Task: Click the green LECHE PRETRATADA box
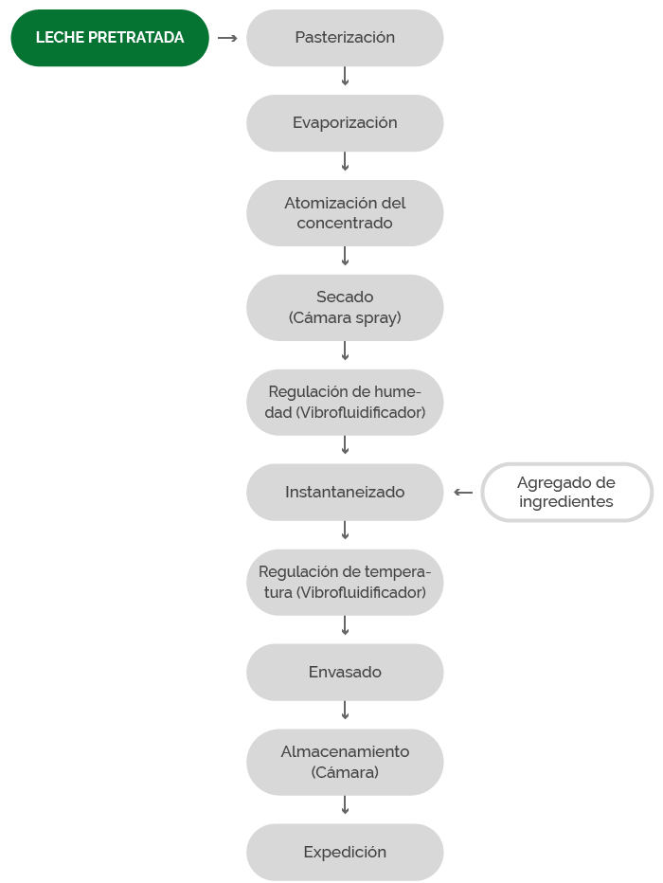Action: pyautogui.click(x=110, y=38)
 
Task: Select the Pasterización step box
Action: pyautogui.click(x=345, y=38)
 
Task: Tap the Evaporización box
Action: pyautogui.click(x=345, y=123)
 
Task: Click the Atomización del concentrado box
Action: pyautogui.click(x=345, y=213)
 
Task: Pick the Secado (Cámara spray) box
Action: pyautogui.click(x=345, y=308)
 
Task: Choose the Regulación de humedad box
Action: pyautogui.click(x=345, y=402)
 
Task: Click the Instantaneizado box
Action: pyautogui.click(x=345, y=492)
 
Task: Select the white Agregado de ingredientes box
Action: pyautogui.click(x=566, y=492)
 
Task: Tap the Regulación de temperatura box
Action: pyautogui.click(x=345, y=583)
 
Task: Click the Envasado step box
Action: pyautogui.click(x=345, y=673)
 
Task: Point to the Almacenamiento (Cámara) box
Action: pyautogui.click(x=345, y=763)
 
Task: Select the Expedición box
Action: pyautogui.click(x=345, y=853)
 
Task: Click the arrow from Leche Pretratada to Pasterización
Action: pyautogui.click(x=227, y=38)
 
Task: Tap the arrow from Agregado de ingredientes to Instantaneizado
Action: pyautogui.click(x=463, y=492)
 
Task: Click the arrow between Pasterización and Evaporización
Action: pyautogui.click(x=345, y=76)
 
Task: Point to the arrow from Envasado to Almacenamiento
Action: pyautogui.click(x=345, y=711)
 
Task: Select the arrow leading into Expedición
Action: pyautogui.click(x=345, y=804)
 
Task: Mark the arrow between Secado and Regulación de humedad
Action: pyautogui.click(x=345, y=351)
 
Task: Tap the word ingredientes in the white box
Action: pyautogui.click(x=566, y=502)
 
